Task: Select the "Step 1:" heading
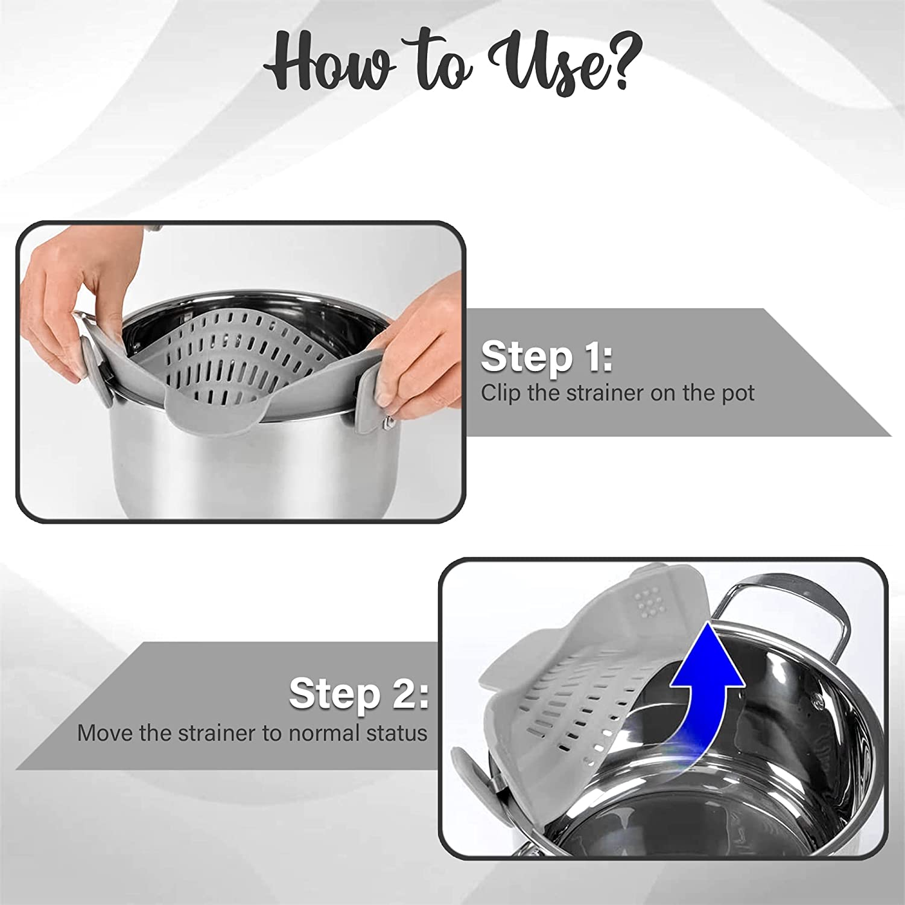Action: (x=547, y=357)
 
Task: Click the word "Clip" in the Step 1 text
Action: (x=500, y=393)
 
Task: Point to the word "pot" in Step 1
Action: (x=739, y=393)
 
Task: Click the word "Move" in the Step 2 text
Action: (x=105, y=733)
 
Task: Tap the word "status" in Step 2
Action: (x=396, y=733)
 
